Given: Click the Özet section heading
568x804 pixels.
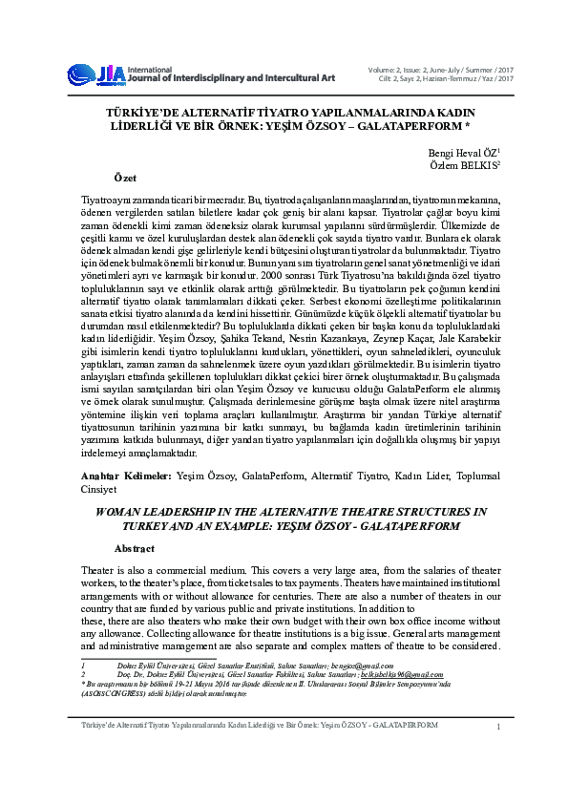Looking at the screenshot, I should [x=125, y=179].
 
